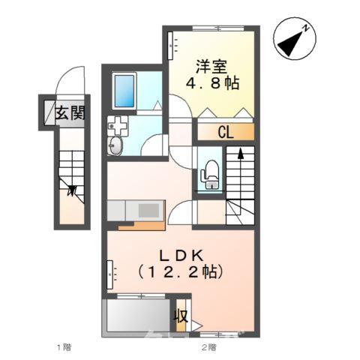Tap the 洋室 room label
pos(213,65)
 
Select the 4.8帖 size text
pos(213,83)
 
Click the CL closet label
pos(226,133)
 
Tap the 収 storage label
pos(181,315)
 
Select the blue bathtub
pos(124,90)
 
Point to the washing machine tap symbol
pos(118,124)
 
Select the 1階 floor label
pos(64,347)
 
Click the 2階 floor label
pos(208,347)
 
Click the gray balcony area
pos(139,316)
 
